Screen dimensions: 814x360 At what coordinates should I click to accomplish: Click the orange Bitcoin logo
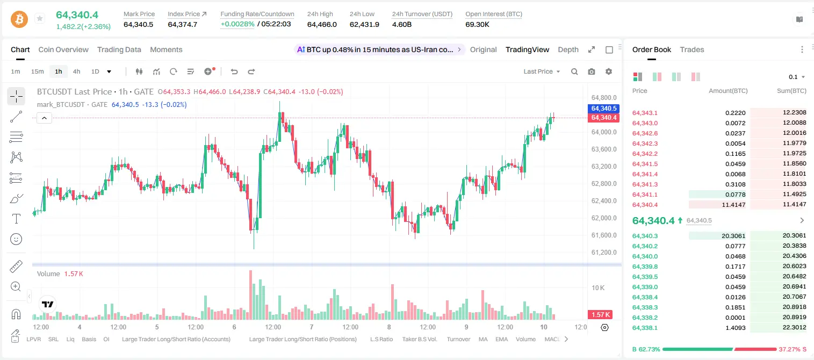[19, 19]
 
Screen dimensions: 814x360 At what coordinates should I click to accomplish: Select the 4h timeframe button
[76, 71]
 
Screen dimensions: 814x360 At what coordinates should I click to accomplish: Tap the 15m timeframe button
[37, 71]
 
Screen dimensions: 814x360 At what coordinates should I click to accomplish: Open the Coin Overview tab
[63, 50]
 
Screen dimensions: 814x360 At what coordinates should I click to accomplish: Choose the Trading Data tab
[119, 50]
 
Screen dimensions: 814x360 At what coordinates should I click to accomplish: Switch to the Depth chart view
[568, 50]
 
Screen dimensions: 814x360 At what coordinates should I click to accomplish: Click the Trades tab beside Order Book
[692, 50]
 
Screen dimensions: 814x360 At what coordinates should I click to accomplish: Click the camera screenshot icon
[592, 71]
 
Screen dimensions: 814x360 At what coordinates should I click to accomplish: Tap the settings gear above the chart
[609, 71]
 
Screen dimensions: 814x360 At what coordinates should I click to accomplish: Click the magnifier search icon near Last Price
[574, 71]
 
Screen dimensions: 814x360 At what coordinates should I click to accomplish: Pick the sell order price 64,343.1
[645, 113]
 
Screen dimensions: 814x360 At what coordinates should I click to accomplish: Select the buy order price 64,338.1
[645, 328]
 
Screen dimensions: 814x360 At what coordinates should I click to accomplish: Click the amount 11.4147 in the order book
[733, 205]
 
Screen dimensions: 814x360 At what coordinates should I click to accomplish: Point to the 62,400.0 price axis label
[604, 201]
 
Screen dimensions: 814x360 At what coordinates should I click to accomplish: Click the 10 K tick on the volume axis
[598, 288]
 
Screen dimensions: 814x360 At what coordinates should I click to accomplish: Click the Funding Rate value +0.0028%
[237, 24]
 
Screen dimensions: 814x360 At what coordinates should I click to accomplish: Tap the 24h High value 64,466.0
[322, 24]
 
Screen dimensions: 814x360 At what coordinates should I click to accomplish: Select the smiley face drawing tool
[16, 239]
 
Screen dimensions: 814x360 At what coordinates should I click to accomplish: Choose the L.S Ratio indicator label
[381, 339]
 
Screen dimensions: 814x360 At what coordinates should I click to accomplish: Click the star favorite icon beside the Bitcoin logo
[40, 18]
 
